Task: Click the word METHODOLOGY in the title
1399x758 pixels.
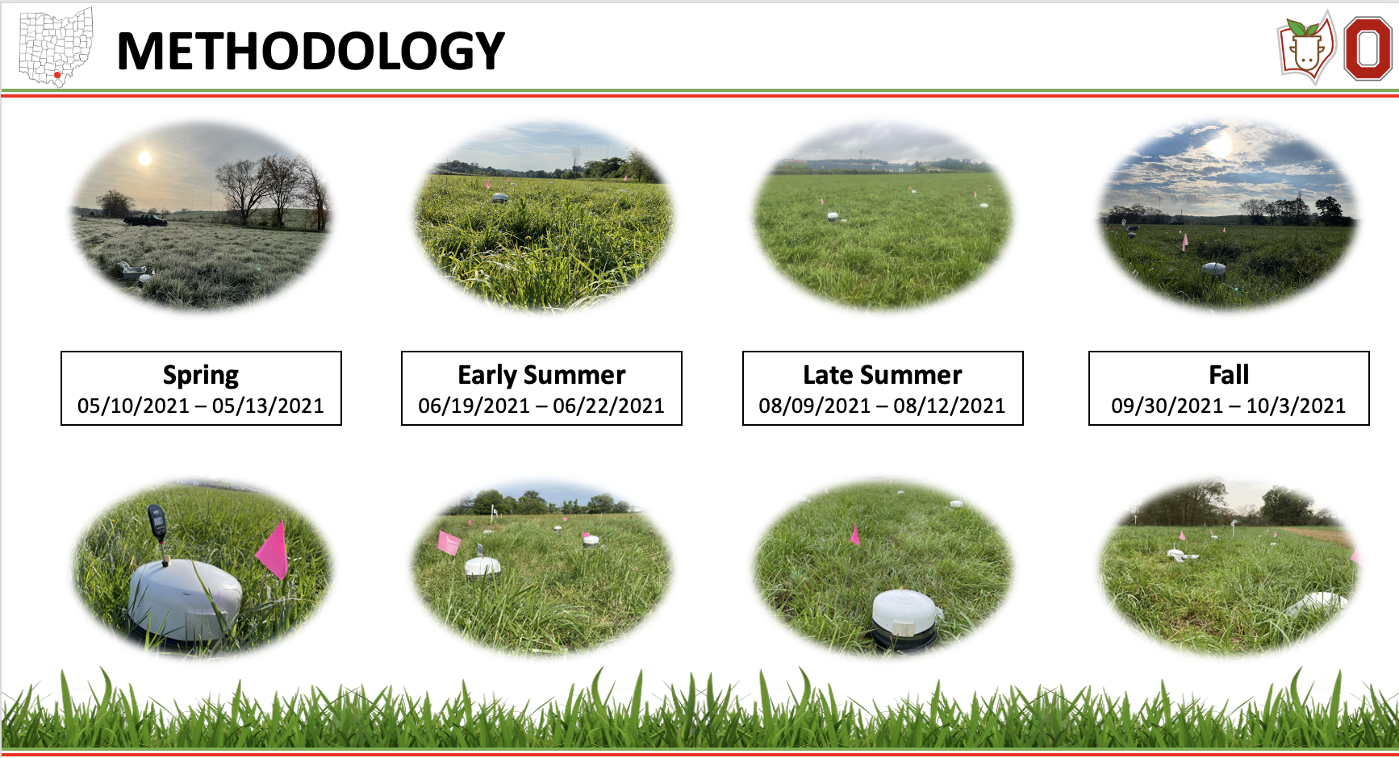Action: click(311, 51)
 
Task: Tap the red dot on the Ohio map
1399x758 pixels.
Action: click(57, 75)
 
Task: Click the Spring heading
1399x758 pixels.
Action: click(201, 375)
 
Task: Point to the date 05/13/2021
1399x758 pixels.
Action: click(268, 406)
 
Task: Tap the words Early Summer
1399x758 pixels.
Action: click(541, 375)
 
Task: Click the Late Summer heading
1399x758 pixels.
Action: click(883, 375)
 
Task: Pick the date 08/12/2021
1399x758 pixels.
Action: click(949, 406)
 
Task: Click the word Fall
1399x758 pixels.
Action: click(1229, 375)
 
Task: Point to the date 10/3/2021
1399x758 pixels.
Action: click(1296, 406)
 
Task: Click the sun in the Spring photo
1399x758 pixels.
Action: click(145, 158)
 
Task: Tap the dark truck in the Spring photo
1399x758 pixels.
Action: click(145, 219)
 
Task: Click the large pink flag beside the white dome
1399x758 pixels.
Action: click(273, 549)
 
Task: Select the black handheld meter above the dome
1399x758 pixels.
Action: click(158, 524)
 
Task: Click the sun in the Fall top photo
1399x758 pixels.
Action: click(1220, 145)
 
